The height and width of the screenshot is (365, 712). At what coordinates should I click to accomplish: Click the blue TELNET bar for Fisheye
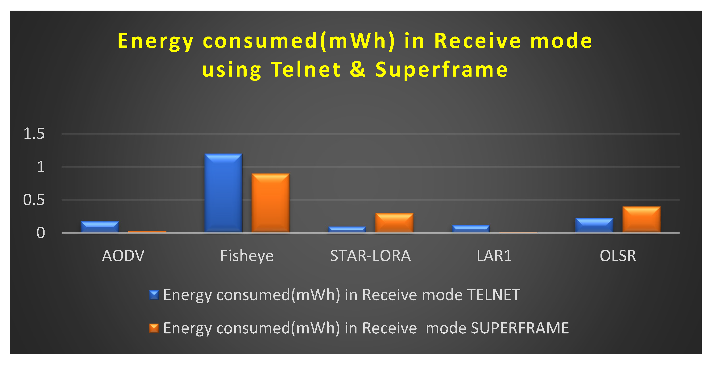tap(223, 193)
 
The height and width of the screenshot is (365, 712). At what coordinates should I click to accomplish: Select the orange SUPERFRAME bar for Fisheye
tap(271, 203)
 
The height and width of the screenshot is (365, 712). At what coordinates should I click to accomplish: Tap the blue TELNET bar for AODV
tap(100, 227)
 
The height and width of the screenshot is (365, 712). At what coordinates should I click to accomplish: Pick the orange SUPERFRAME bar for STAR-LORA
tap(394, 223)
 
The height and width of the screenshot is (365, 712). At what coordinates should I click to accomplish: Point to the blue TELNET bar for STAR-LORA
tap(347, 229)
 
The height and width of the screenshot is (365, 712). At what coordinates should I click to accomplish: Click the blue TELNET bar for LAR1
tap(471, 229)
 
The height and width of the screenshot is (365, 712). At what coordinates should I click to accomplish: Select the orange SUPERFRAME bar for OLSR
tap(641, 219)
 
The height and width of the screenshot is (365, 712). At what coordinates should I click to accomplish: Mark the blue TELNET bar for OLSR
tap(594, 225)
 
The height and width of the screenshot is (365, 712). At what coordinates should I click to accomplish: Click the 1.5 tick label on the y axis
tap(34, 134)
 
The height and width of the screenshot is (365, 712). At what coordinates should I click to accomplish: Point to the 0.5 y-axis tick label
tap(34, 200)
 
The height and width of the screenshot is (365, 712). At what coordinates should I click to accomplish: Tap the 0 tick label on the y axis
tap(41, 233)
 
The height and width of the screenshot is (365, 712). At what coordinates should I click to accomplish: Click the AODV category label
tap(123, 256)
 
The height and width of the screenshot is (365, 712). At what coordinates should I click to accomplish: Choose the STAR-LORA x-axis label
tap(370, 256)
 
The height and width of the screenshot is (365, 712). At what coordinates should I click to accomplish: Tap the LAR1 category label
tap(494, 256)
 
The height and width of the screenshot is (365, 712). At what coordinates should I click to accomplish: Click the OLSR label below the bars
tap(618, 256)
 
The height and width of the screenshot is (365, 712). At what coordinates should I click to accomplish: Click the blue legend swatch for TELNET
tap(154, 295)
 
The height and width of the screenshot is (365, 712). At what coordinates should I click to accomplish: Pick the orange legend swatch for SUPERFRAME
tap(154, 328)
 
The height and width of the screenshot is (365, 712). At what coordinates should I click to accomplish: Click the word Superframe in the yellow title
tap(441, 69)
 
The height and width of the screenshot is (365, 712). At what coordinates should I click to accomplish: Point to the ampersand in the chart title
tap(358, 69)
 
